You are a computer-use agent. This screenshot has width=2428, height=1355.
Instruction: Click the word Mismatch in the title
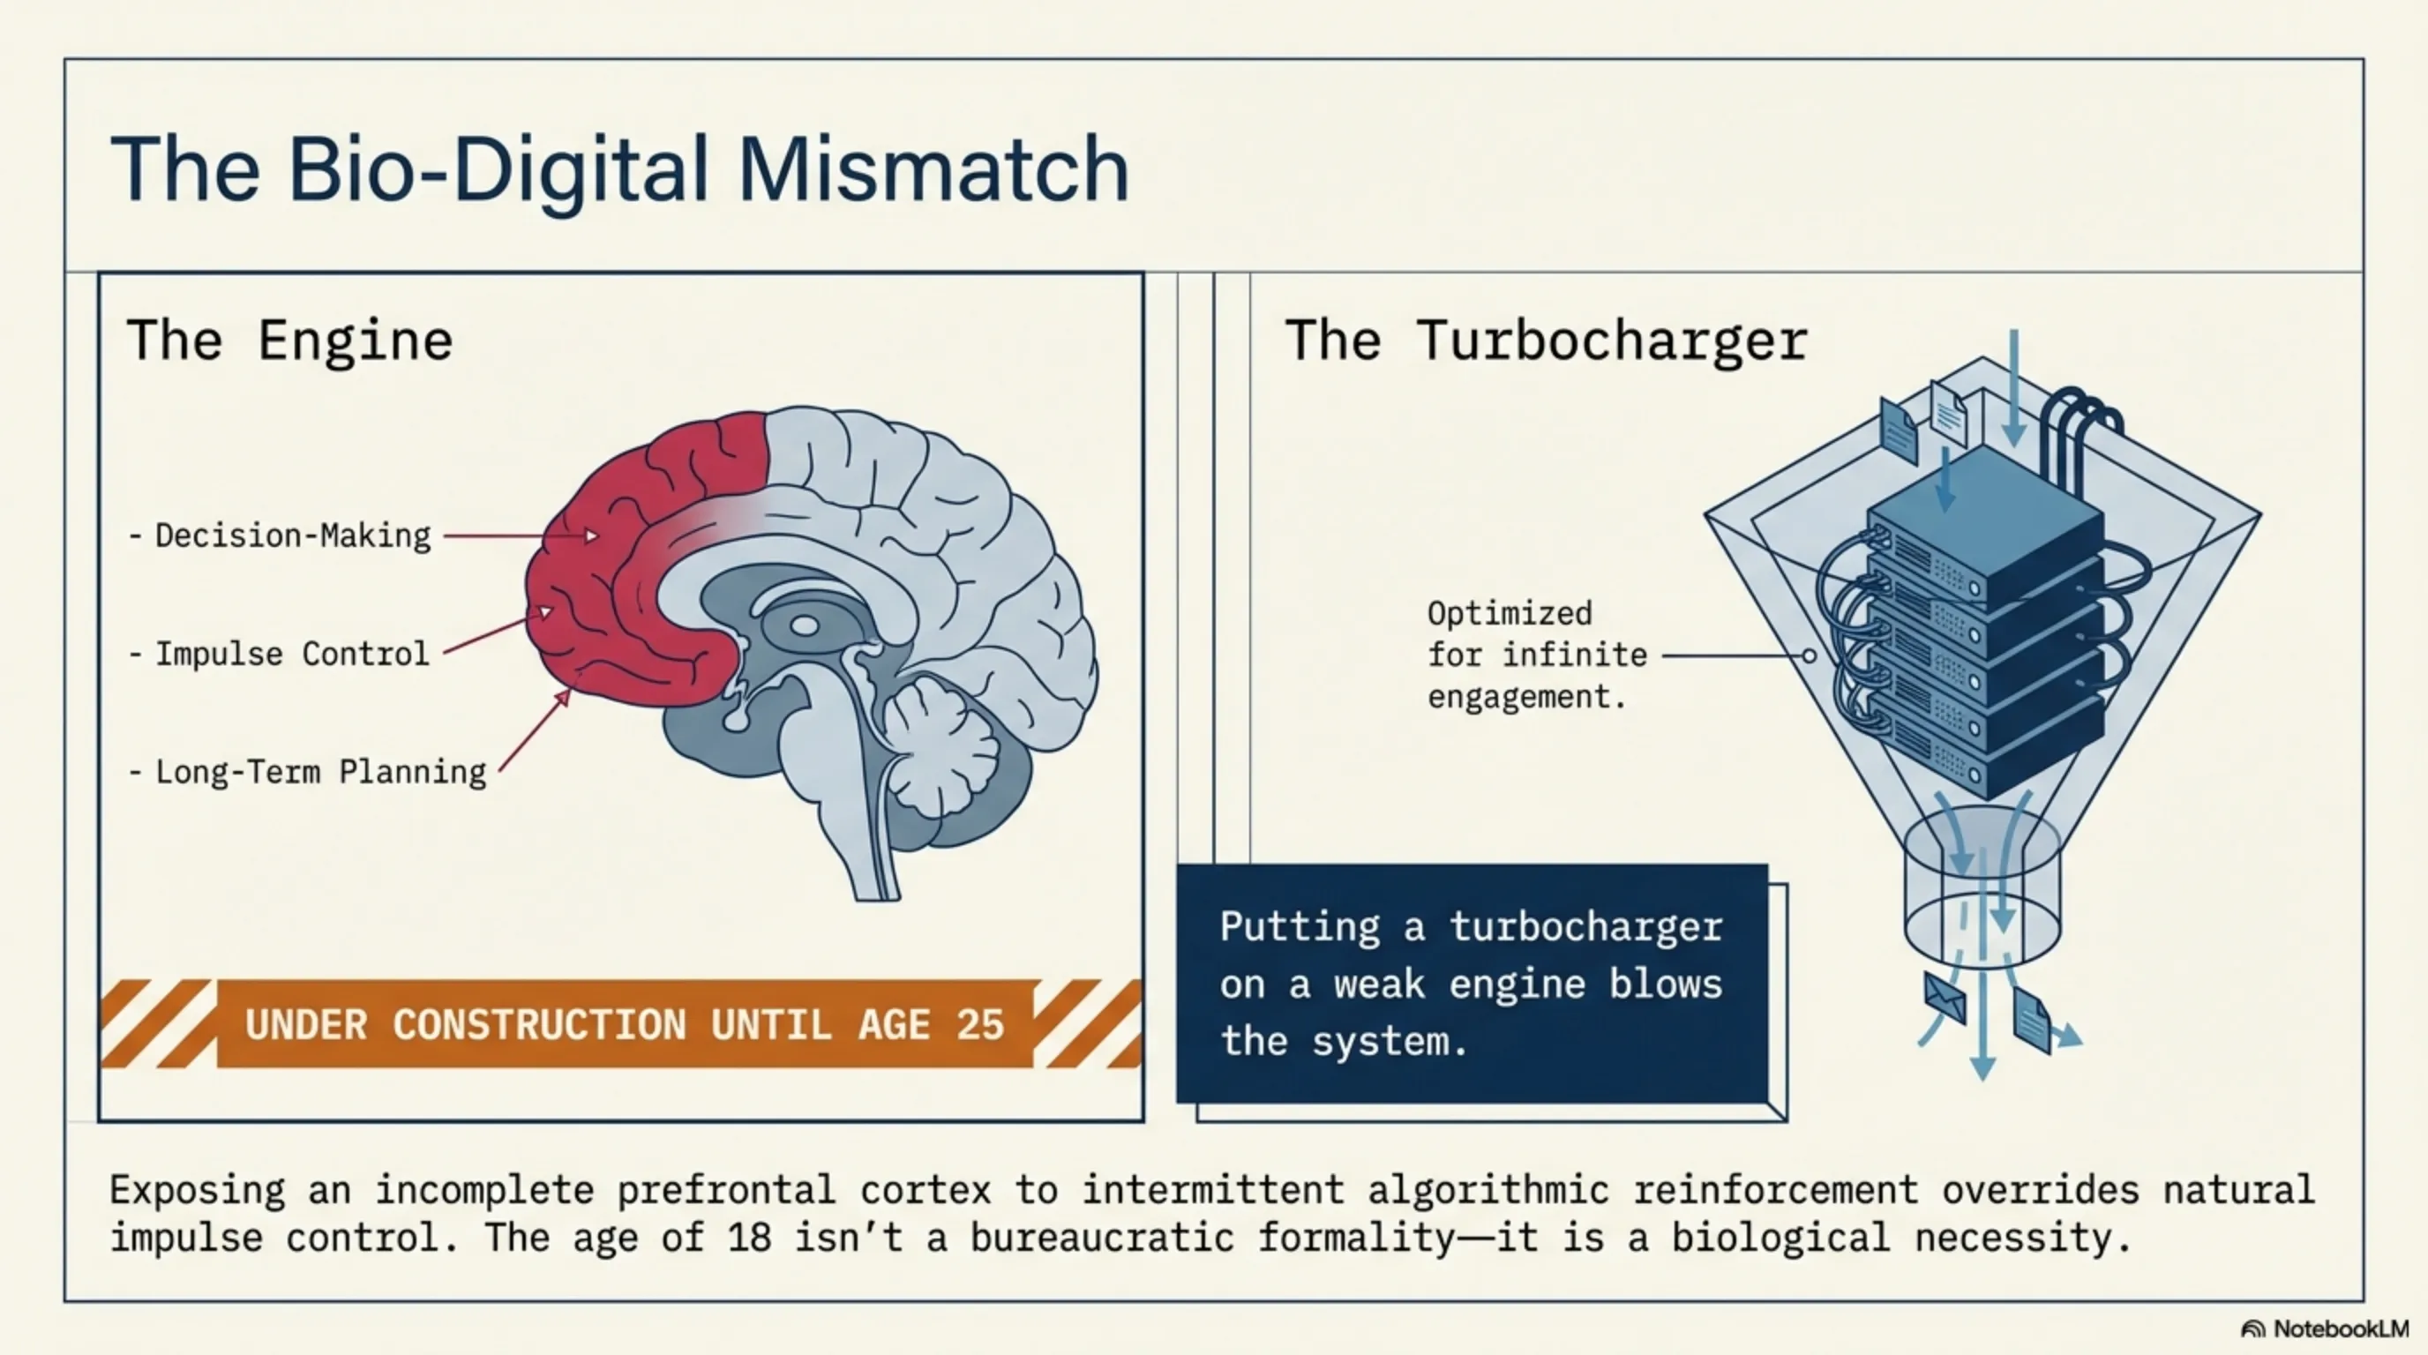[x=933, y=169]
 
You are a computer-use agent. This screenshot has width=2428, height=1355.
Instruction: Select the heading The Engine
[x=289, y=341]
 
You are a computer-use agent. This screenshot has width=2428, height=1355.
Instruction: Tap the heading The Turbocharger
[x=1547, y=341]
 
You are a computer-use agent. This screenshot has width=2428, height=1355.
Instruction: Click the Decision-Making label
[x=281, y=536]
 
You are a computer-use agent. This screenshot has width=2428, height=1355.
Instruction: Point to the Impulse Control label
[x=280, y=654]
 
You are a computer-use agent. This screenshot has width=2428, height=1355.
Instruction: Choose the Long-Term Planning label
[x=308, y=773]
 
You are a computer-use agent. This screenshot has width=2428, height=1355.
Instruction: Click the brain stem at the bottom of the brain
[x=872, y=839]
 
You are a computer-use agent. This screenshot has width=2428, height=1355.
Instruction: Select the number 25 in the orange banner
[x=980, y=1025]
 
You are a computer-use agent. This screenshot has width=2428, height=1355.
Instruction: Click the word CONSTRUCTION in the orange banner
[x=540, y=1025]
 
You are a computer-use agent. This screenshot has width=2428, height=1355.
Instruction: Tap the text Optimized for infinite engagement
[x=1536, y=655]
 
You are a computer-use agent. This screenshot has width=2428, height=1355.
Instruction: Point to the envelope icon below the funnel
[x=1945, y=998]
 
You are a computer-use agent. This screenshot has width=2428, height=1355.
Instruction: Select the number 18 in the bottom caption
[x=750, y=1237]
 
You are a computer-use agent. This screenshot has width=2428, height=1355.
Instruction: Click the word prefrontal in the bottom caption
[x=726, y=1190]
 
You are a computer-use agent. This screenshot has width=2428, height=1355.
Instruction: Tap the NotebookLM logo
[x=2326, y=1329]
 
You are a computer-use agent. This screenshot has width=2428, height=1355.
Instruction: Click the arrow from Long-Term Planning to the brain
[x=535, y=731]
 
